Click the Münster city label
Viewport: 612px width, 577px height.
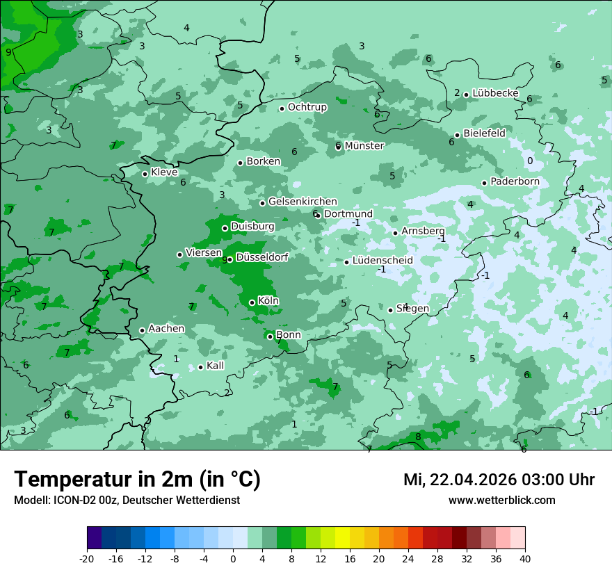[x=364, y=146]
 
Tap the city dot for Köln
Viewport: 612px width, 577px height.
[x=252, y=302]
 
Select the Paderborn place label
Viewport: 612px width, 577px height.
[x=515, y=182]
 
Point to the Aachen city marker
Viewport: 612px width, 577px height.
[x=142, y=331]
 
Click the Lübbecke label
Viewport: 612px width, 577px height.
[x=495, y=93]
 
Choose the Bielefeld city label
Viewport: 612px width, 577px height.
[x=484, y=133]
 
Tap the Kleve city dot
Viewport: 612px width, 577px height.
[x=145, y=174]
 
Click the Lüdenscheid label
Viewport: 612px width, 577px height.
[x=382, y=261]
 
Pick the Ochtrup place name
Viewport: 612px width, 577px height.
[x=307, y=107]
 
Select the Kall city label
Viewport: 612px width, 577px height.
[x=215, y=366]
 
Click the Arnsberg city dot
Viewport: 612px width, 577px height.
[x=395, y=233]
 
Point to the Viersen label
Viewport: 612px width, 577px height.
[x=203, y=253]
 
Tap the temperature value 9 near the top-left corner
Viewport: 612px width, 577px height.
[x=8, y=52]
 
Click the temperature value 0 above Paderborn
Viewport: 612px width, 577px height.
[x=530, y=161]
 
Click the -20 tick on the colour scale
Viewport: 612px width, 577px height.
[x=87, y=558]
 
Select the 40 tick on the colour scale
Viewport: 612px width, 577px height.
[x=525, y=558]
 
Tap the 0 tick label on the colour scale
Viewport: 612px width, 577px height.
[x=233, y=558]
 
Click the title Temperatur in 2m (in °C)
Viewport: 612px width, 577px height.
[x=137, y=480]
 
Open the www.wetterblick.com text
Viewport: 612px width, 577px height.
[x=501, y=501]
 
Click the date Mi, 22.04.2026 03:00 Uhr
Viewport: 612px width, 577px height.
[x=499, y=480]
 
